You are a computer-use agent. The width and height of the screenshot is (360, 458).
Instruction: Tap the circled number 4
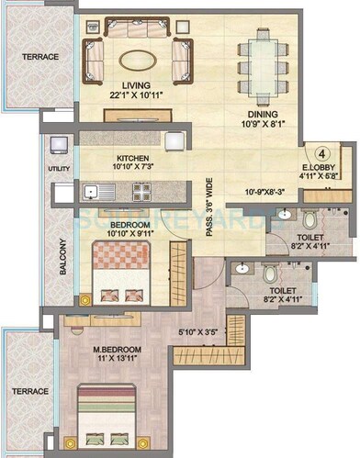click(323, 154)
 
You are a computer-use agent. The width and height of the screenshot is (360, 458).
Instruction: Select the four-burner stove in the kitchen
click(142, 192)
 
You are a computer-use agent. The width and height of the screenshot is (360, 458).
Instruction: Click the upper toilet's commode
click(309, 220)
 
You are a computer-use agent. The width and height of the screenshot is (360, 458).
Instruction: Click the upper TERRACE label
click(40, 57)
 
